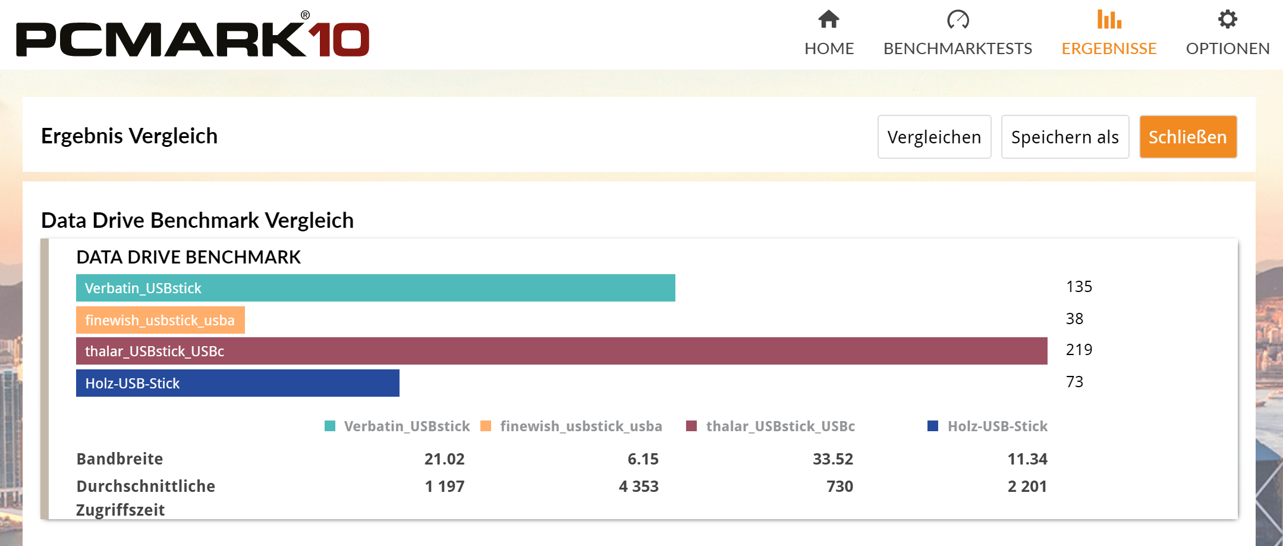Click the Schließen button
(1187, 137)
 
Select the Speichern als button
(1064, 137)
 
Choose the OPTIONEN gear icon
(1227, 20)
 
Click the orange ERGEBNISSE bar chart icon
(1109, 20)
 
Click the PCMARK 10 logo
(193, 37)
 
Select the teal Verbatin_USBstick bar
(375, 288)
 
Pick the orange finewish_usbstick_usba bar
(160, 320)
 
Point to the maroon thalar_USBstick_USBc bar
(561, 351)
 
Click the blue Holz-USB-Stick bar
(237, 383)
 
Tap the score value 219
(1078, 350)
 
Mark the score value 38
(1074, 319)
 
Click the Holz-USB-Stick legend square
(932, 426)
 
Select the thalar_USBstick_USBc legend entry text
(780, 426)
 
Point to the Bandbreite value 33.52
(832, 459)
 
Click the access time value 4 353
(638, 487)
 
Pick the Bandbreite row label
(120, 459)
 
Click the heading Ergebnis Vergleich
(129, 136)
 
